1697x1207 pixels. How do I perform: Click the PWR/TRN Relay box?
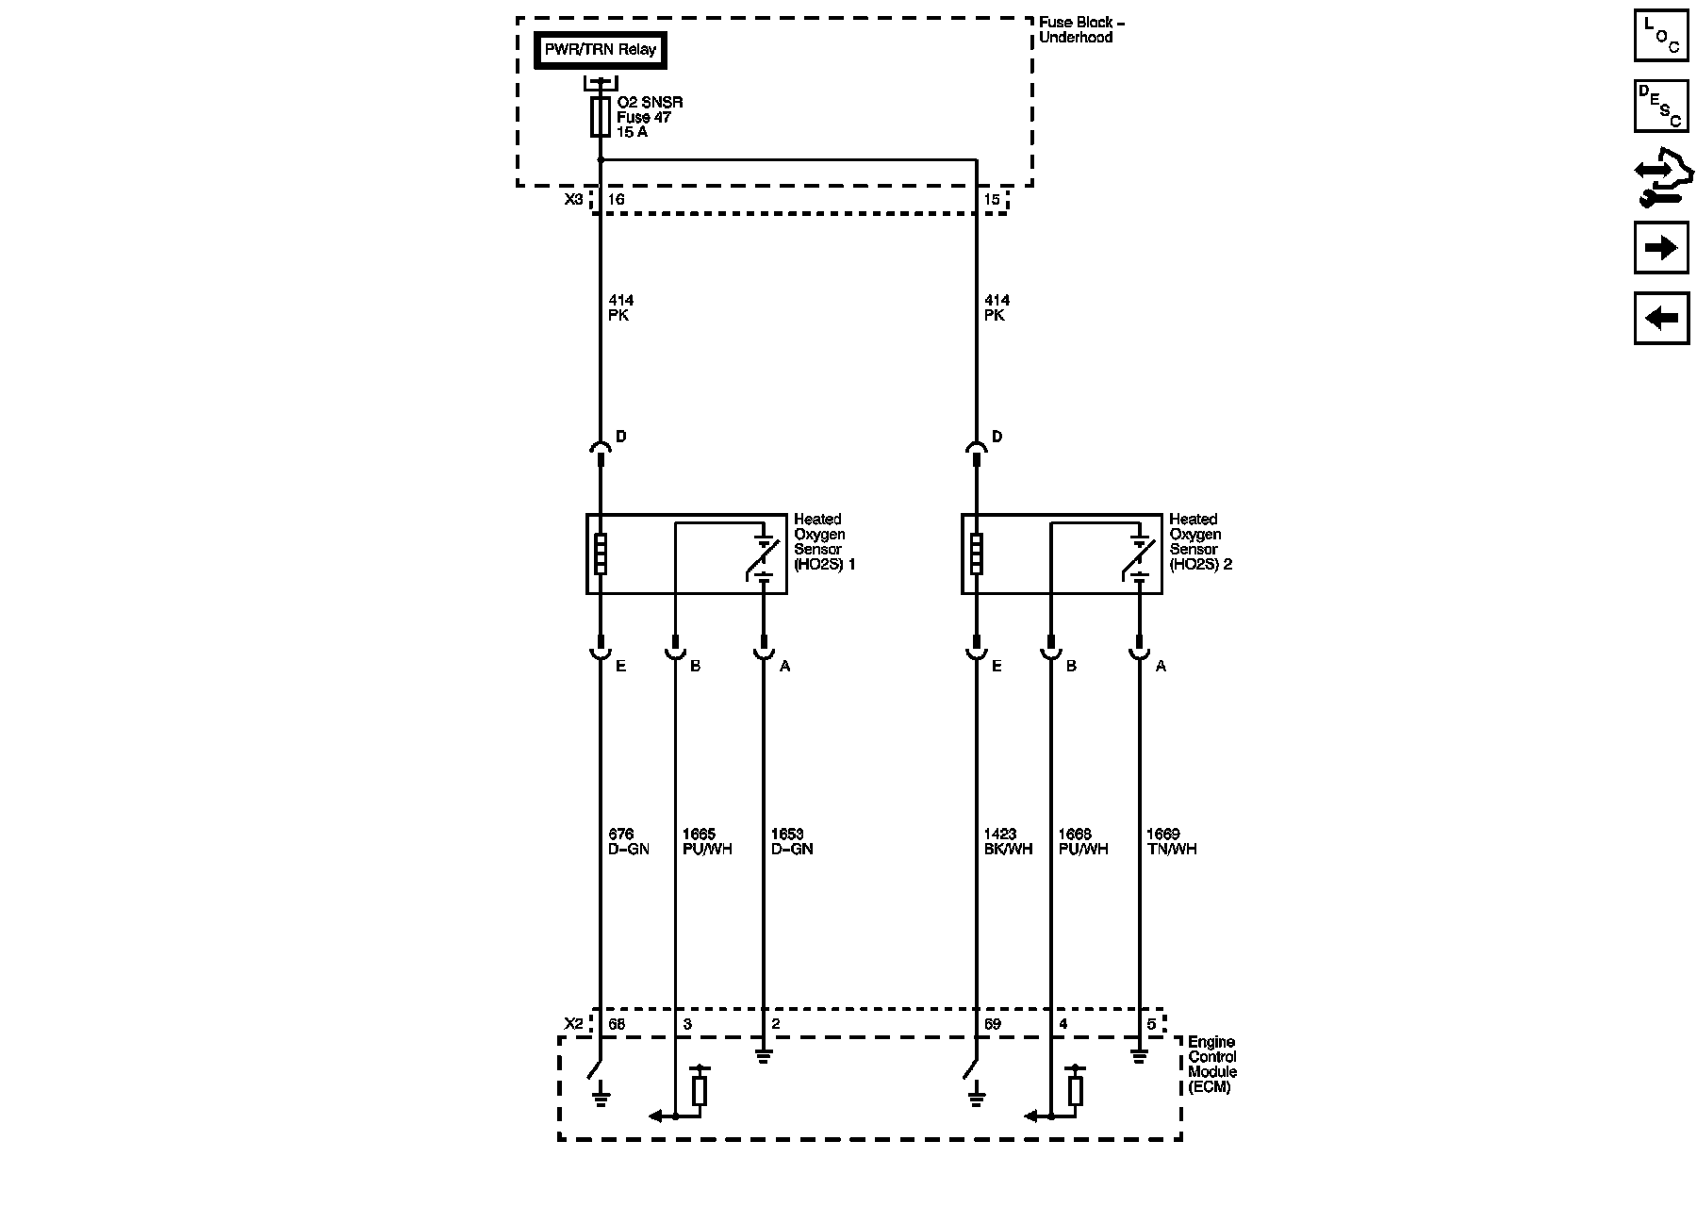(x=601, y=50)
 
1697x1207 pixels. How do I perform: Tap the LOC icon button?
(x=1661, y=36)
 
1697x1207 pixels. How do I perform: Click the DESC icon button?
(x=1661, y=106)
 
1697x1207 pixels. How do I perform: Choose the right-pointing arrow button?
(x=1661, y=248)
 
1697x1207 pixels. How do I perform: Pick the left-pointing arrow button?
(x=1661, y=319)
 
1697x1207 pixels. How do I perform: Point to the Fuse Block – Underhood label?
(x=1081, y=30)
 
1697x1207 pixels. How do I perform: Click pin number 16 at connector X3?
(x=616, y=200)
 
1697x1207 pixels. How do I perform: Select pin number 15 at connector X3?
(x=991, y=200)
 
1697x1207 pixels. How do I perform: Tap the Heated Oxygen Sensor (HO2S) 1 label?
(x=824, y=542)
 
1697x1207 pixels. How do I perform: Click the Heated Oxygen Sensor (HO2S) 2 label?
(x=1200, y=542)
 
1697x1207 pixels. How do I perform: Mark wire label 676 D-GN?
(x=629, y=842)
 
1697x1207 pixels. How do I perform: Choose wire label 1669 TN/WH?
(x=1171, y=842)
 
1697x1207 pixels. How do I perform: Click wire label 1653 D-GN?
(x=791, y=842)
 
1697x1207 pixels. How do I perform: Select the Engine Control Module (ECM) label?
(x=1212, y=1065)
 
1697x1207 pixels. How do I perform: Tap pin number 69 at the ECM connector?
(x=992, y=1024)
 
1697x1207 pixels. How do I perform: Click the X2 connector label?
(x=573, y=1024)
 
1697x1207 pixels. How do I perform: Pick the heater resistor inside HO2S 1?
(x=601, y=554)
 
